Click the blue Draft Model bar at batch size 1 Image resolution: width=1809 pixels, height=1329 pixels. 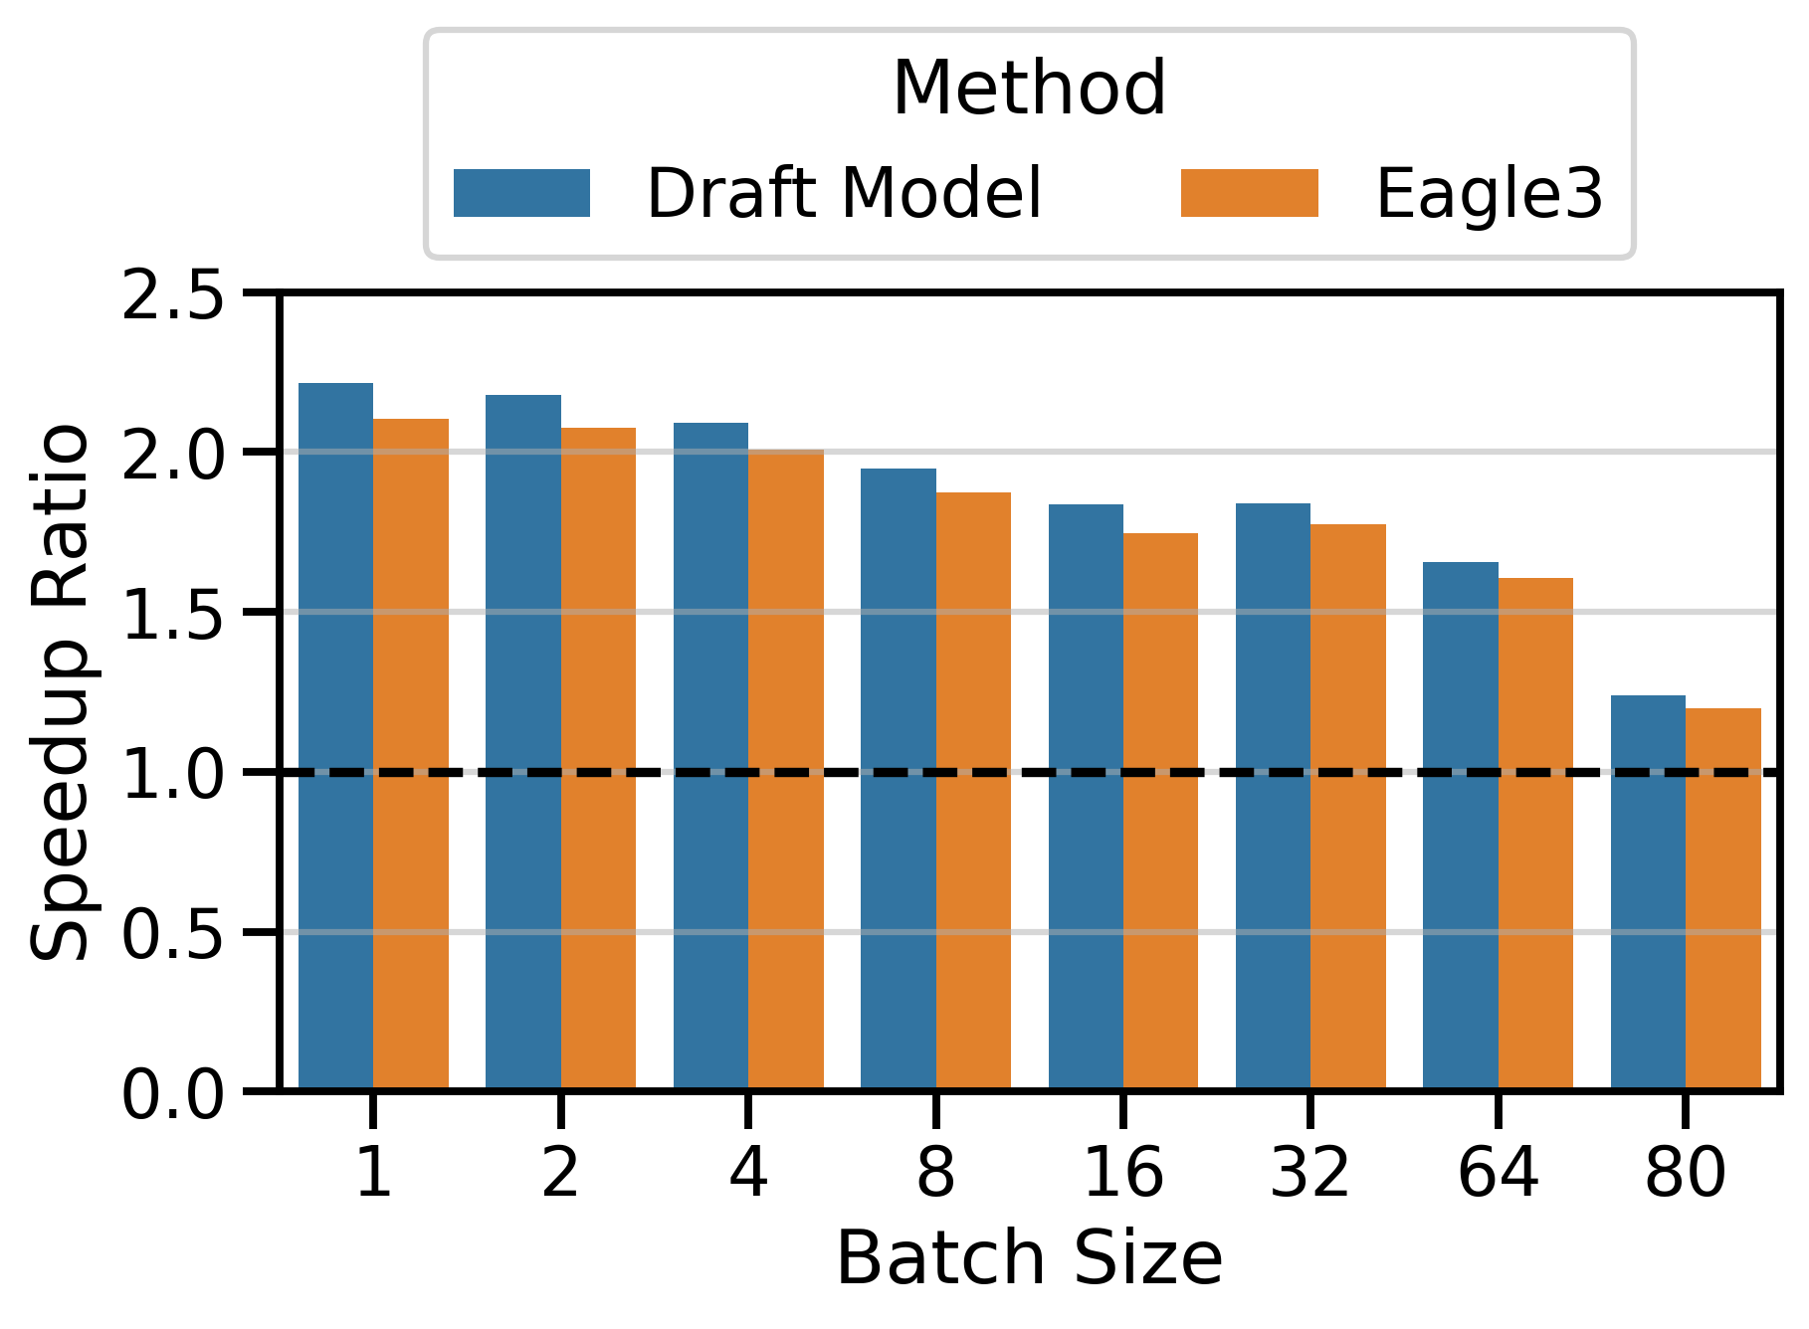[335, 736]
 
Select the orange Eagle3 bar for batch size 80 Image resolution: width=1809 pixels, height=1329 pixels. [1722, 900]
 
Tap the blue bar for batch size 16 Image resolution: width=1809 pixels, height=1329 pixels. [1086, 796]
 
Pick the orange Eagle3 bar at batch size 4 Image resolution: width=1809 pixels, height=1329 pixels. [786, 771]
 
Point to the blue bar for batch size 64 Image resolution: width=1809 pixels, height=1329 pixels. [1460, 826]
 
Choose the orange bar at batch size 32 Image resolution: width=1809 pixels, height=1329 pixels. [1348, 806]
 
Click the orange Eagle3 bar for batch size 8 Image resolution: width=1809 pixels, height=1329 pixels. [973, 791]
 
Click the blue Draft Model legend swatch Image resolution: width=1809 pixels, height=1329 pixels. [521, 193]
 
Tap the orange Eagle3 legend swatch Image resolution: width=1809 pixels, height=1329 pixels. [1249, 193]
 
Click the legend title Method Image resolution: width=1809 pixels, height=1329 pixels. [1029, 90]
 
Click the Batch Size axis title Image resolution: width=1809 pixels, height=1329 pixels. [1029, 1259]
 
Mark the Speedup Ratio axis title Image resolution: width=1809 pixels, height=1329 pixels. [62, 693]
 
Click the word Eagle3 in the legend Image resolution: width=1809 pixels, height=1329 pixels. [1489, 193]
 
